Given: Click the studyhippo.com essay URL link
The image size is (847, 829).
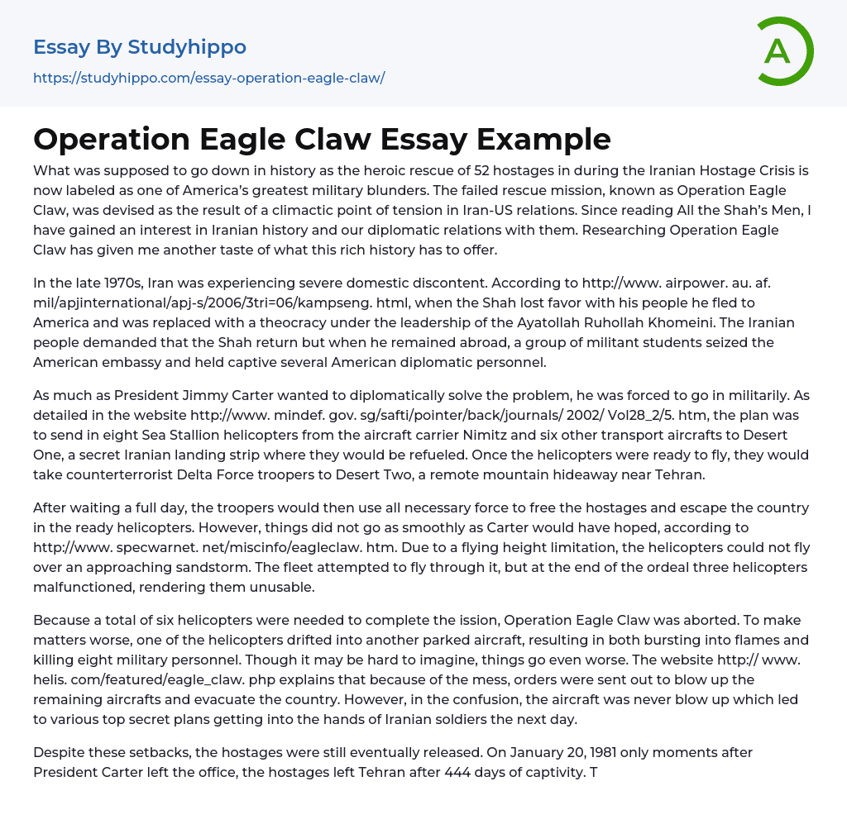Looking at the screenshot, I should tap(208, 78).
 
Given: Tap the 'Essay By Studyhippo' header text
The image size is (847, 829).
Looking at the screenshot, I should tap(140, 47).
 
